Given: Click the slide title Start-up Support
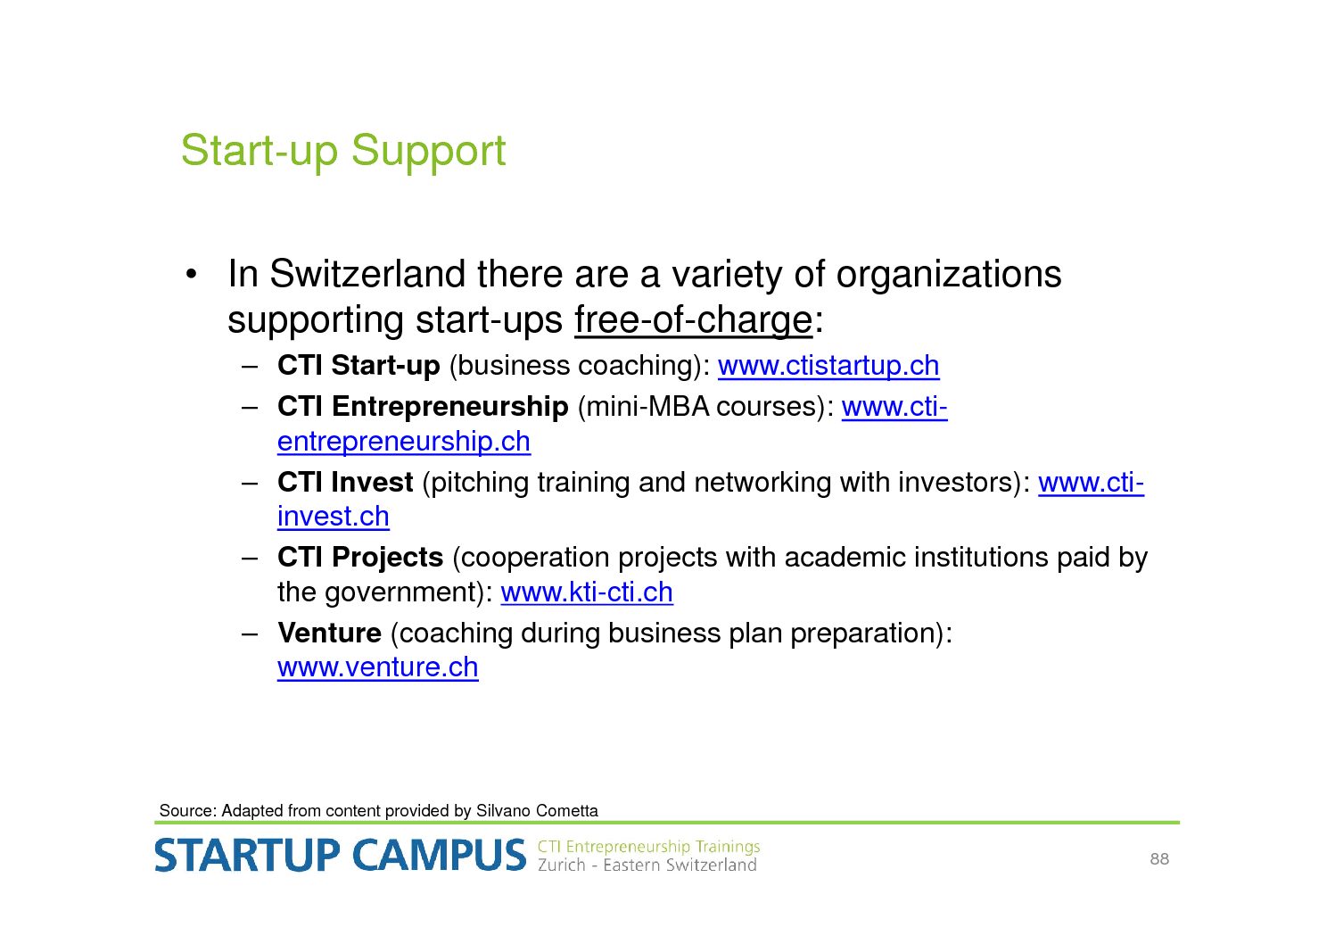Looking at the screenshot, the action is (x=343, y=152).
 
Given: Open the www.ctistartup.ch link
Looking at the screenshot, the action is (x=828, y=366).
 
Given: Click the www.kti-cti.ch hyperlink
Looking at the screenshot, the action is (x=587, y=592).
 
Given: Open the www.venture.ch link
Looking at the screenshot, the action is (x=378, y=667).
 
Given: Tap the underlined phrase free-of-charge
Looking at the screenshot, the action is (x=693, y=321).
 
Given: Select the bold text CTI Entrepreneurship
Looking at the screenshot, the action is (x=423, y=407).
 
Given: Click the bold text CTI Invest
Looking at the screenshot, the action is (x=345, y=482).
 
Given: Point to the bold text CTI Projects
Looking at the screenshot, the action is (x=360, y=558).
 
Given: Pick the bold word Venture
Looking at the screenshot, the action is (x=329, y=633).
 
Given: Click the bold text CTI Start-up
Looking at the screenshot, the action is (x=358, y=366).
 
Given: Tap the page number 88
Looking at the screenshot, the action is (x=1159, y=858).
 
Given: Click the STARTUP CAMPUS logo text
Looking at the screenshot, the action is (x=341, y=855).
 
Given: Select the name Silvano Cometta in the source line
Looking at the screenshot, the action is (x=537, y=811).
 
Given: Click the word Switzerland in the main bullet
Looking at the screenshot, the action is (x=367, y=274).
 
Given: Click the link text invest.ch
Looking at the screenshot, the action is (x=334, y=517).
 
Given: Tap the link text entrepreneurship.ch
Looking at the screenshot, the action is (x=403, y=442).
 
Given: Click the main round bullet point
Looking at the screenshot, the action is (x=191, y=275).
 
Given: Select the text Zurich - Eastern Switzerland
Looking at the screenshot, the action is (x=647, y=865).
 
